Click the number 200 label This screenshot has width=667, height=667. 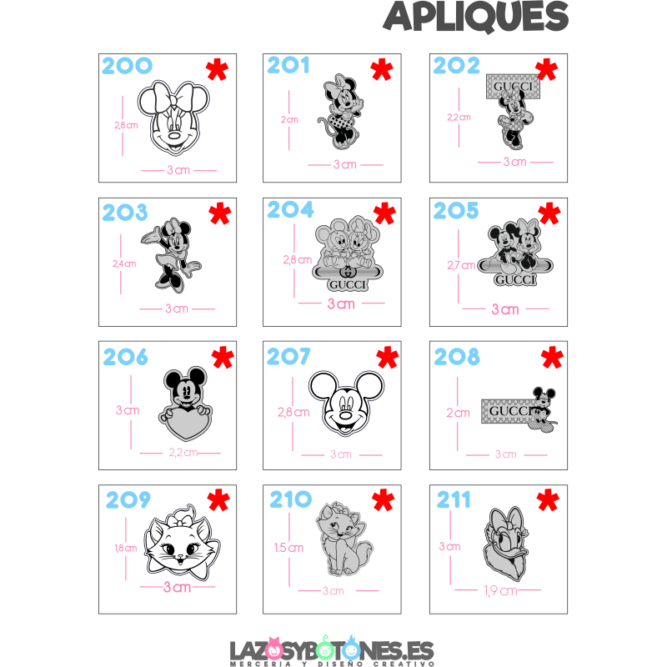(x=127, y=66)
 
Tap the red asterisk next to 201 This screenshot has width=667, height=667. (x=381, y=69)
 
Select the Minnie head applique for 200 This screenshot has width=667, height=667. (x=173, y=118)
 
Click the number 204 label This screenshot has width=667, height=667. (x=290, y=209)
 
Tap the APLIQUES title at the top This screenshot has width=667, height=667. (x=475, y=17)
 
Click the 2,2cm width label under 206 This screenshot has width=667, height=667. (x=183, y=454)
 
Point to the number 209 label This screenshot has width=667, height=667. (x=128, y=499)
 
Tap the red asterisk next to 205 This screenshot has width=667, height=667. (x=549, y=214)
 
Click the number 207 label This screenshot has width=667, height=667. (x=288, y=357)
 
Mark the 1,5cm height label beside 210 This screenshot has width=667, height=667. (x=288, y=547)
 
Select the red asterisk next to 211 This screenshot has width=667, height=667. (x=548, y=500)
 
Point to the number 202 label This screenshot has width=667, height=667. (x=457, y=65)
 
